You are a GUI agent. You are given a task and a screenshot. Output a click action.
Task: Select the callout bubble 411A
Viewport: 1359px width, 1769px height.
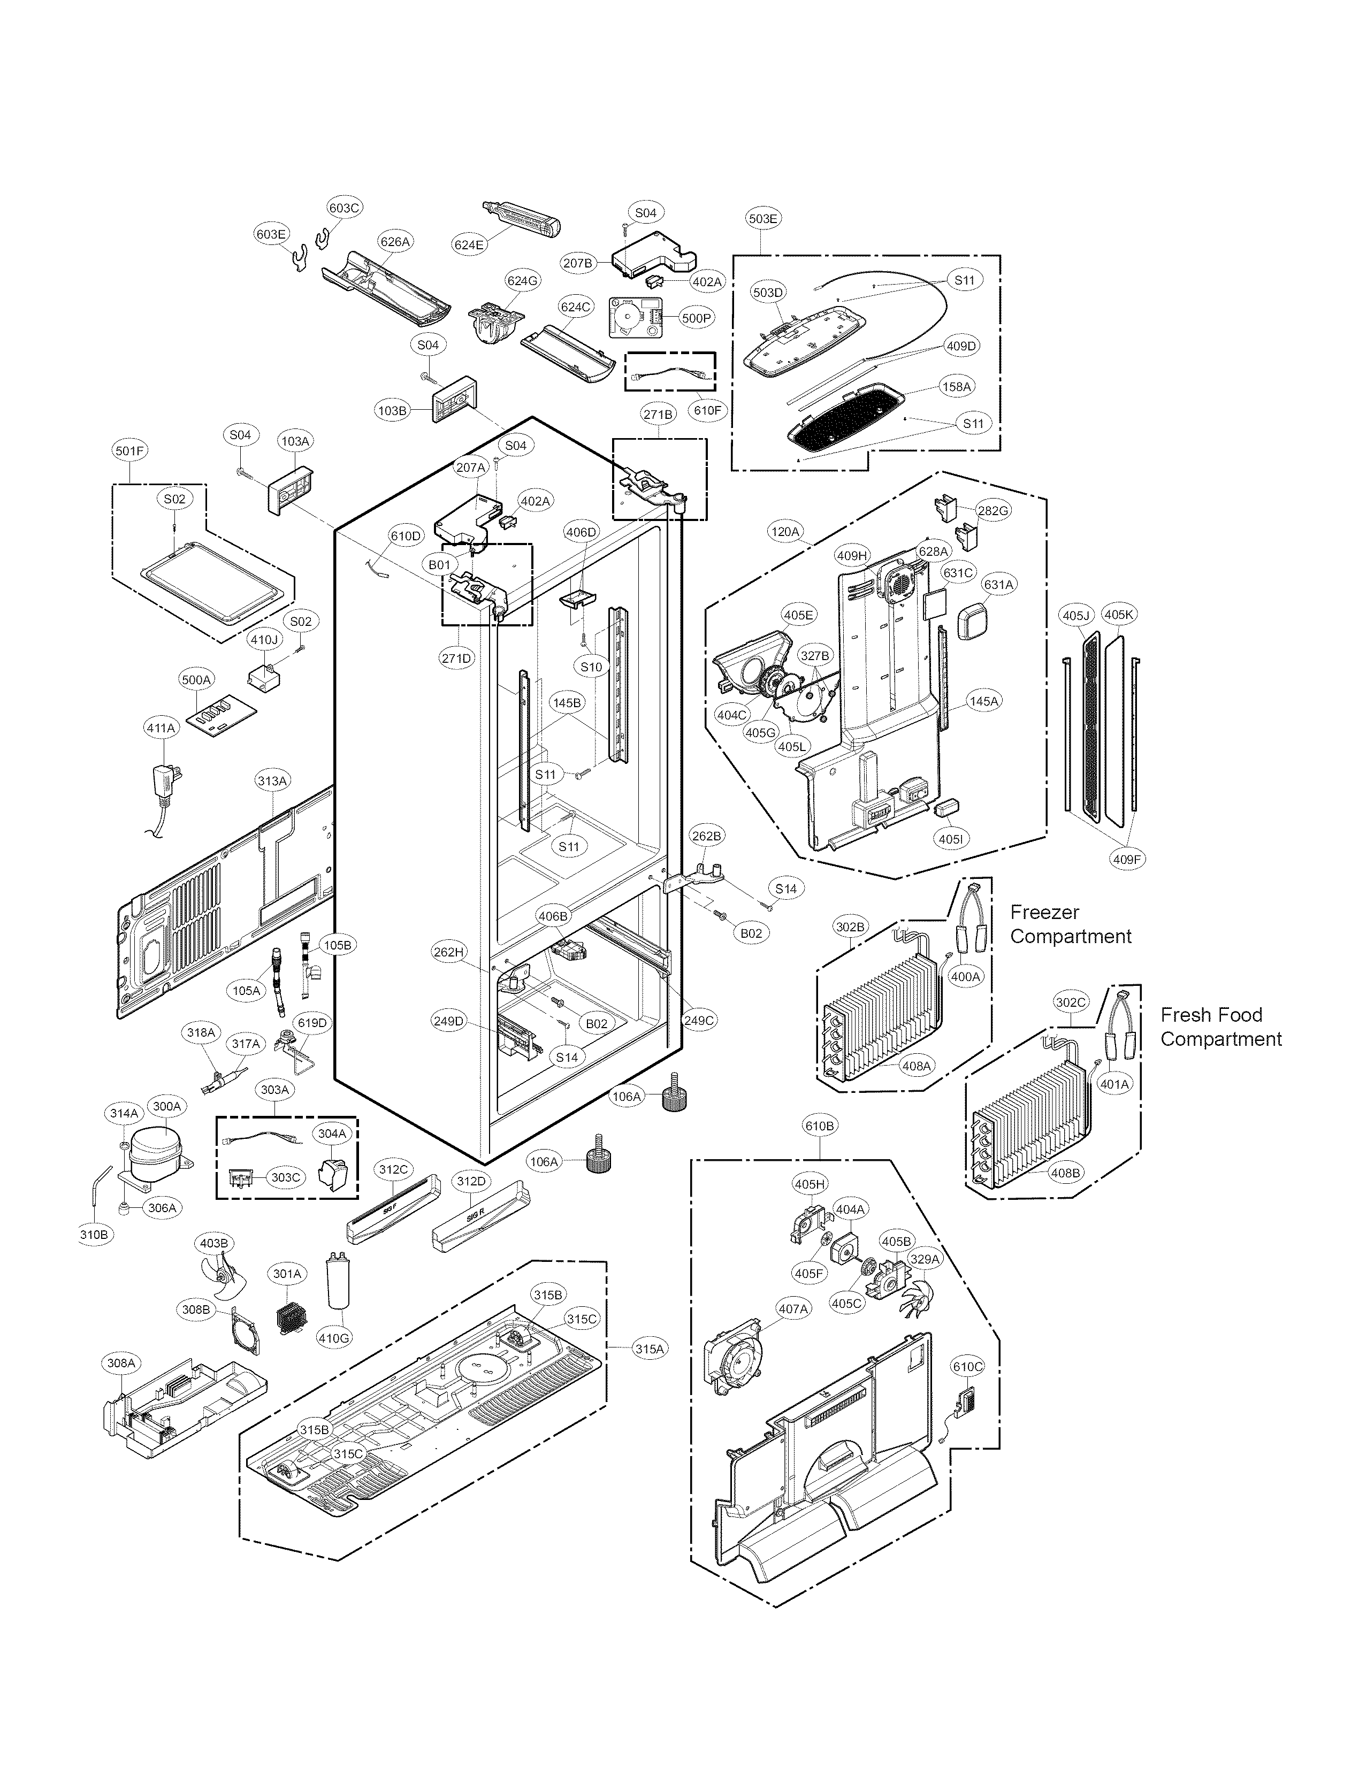[160, 728]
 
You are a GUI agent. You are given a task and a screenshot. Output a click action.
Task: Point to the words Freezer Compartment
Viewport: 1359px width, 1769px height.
[1070, 924]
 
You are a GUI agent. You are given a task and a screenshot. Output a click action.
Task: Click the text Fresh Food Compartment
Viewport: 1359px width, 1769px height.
[1220, 1027]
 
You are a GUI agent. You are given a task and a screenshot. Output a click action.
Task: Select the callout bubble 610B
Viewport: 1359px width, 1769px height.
[820, 1125]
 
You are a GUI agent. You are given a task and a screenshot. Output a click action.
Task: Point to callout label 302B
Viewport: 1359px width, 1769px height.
[850, 927]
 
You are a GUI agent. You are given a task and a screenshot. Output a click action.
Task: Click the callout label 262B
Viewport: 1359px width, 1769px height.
[706, 836]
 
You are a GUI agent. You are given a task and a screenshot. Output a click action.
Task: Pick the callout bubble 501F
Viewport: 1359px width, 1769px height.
[130, 450]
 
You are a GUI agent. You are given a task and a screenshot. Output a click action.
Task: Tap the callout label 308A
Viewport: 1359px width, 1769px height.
[121, 1363]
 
